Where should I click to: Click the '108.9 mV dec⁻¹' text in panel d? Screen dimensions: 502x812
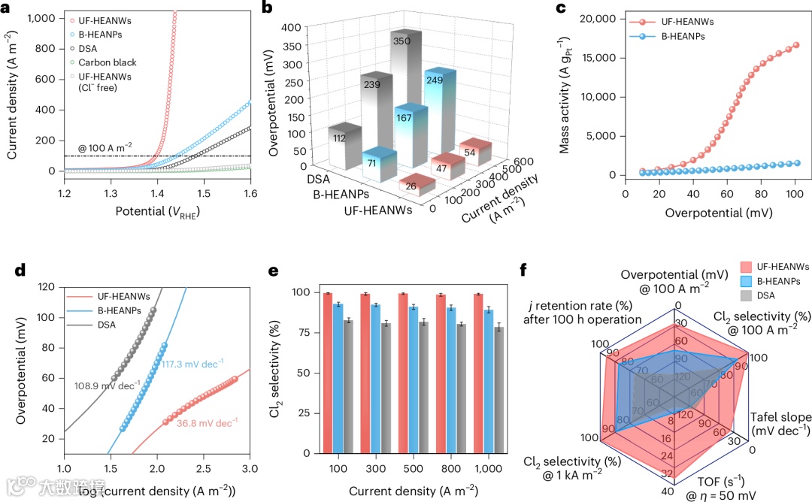108,386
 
